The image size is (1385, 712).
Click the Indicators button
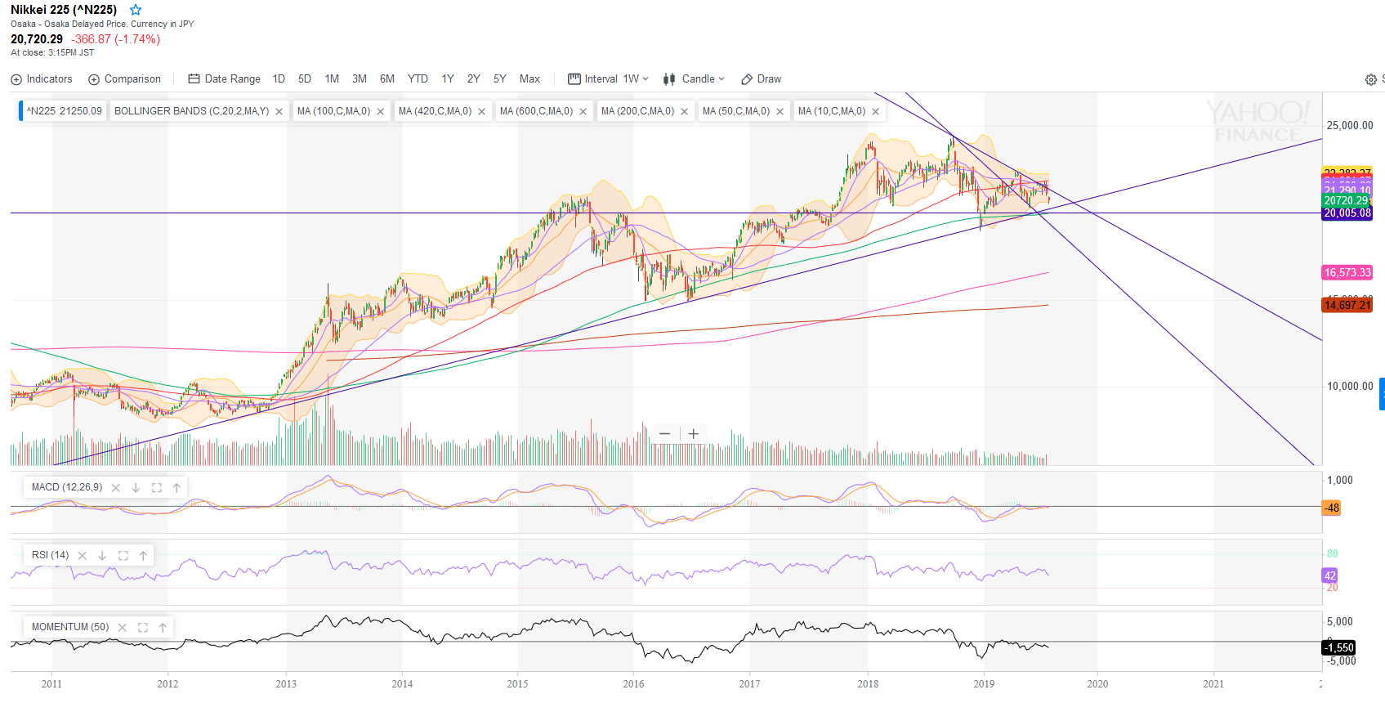pos(42,79)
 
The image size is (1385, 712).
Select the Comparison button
pos(124,79)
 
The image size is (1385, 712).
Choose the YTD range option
pos(418,79)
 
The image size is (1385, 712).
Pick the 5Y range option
pos(499,79)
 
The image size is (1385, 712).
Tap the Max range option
pos(529,79)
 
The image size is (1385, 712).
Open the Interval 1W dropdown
pos(608,79)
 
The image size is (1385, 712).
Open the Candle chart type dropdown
pos(694,79)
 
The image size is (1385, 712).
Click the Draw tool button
pos(761,79)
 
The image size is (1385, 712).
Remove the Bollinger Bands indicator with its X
pos(279,112)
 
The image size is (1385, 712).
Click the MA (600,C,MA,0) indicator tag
pos(536,111)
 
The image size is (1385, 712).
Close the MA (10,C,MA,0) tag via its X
pos(875,112)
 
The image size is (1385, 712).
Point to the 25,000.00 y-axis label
pos(1350,126)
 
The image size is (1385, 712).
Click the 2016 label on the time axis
pos(633,684)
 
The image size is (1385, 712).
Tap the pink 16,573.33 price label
pos(1347,273)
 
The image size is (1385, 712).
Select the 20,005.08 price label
pos(1347,213)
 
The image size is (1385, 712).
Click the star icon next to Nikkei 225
pos(136,10)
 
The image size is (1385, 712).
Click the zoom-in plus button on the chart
pos(693,434)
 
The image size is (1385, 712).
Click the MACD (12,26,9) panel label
pos(67,487)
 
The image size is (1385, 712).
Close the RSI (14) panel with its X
pos(82,556)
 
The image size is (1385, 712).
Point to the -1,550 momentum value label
pos(1339,647)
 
